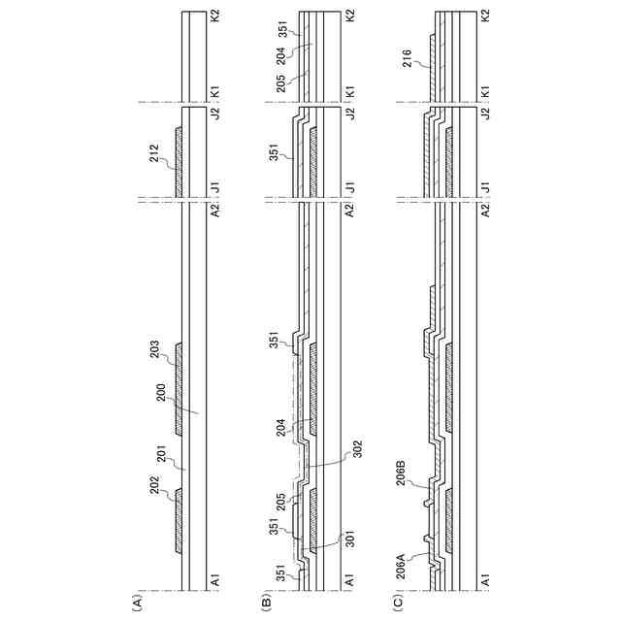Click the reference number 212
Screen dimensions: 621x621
coord(154,153)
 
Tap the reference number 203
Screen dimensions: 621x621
coord(155,349)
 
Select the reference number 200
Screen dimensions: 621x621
coord(161,392)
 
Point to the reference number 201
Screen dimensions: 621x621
coord(163,454)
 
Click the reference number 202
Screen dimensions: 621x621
coord(155,485)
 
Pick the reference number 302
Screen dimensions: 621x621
coord(357,448)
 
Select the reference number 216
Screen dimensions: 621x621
coord(407,58)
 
